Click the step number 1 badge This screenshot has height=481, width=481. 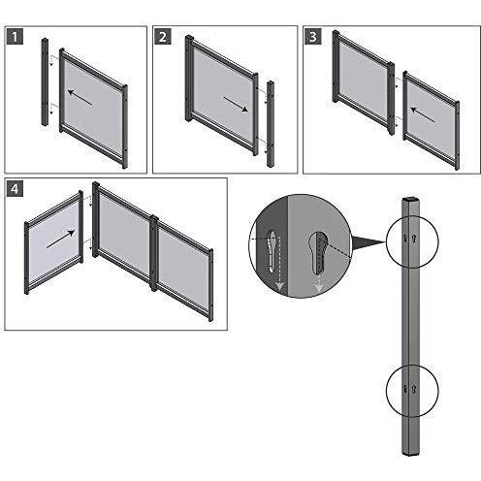point(16,37)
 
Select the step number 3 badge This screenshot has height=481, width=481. point(313,37)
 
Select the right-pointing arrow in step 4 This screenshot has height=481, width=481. point(60,236)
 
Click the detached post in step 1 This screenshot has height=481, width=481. point(45,82)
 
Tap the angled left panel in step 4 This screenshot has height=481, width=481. point(53,242)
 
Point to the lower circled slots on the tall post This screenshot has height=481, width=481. point(408,389)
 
